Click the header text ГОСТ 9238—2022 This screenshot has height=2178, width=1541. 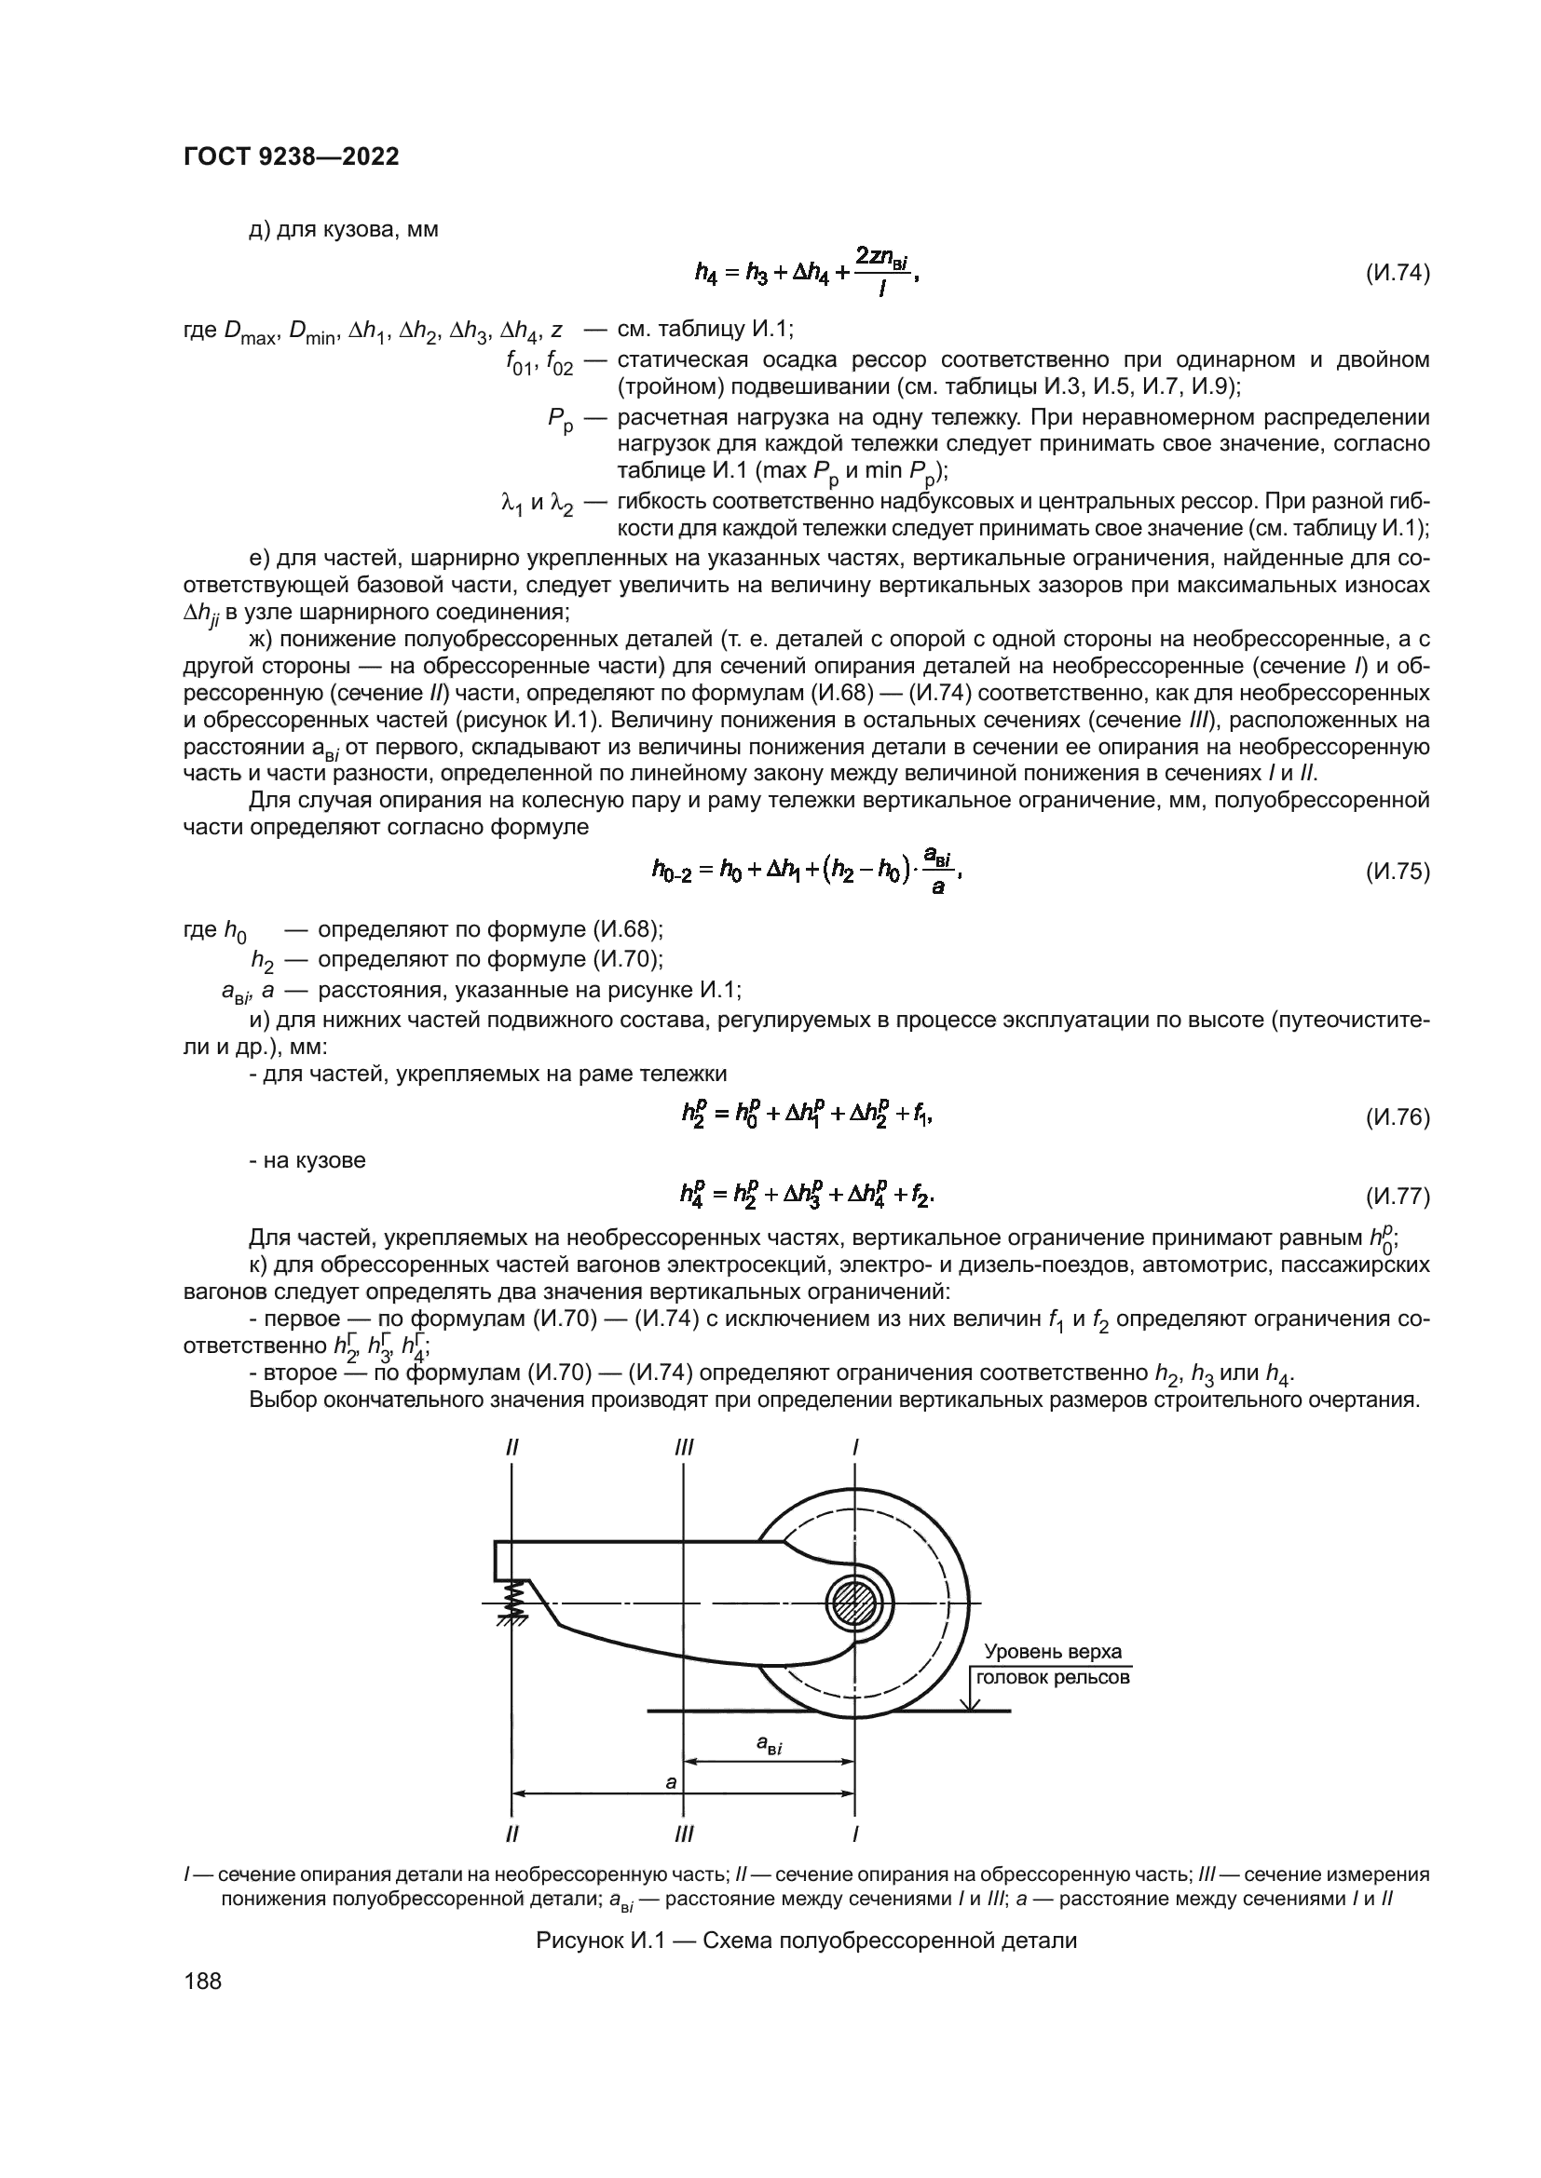pos(291,157)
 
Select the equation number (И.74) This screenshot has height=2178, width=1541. pos(1397,274)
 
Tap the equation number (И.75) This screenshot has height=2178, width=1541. pos(1397,872)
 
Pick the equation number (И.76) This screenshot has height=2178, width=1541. pos(1397,1117)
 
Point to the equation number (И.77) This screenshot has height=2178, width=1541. pos(1397,1197)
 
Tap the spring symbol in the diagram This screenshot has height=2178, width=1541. pos(515,1601)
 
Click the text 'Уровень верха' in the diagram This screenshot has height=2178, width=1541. pos(1052,1652)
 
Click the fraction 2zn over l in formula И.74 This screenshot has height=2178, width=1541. pos(882,272)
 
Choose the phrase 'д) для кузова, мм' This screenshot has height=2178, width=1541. pos(344,230)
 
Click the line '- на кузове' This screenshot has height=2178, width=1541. pos(307,1160)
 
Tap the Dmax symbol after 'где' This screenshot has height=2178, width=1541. pos(249,332)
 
